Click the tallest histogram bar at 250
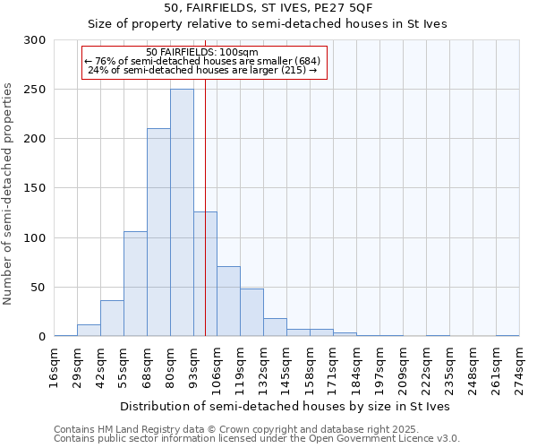[x=182, y=212]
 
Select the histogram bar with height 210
[x=158, y=232]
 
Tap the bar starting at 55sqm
[x=135, y=283]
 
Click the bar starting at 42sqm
[x=112, y=318]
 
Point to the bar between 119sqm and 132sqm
[x=251, y=312]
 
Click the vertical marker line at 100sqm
[x=205, y=179]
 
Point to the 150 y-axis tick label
[x=35, y=189]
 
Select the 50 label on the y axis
[x=38, y=288]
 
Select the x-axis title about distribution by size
[x=286, y=406]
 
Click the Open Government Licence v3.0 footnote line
[x=257, y=438]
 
